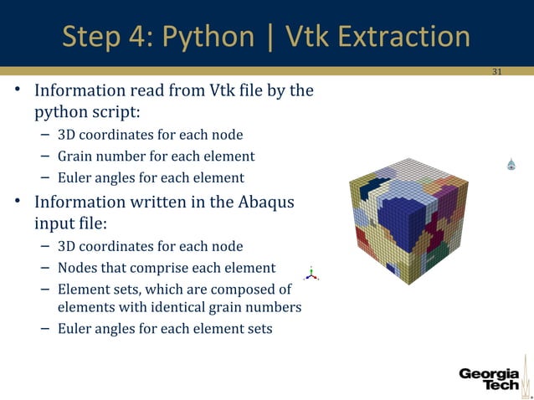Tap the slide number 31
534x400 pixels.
coord(496,72)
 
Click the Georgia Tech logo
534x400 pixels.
coord(489,378)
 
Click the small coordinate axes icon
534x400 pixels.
coord(311,273)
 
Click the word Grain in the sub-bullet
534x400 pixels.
coord(74,156)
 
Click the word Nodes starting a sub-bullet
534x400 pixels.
coord(76,268)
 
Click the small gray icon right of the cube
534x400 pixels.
coord(511,165)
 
